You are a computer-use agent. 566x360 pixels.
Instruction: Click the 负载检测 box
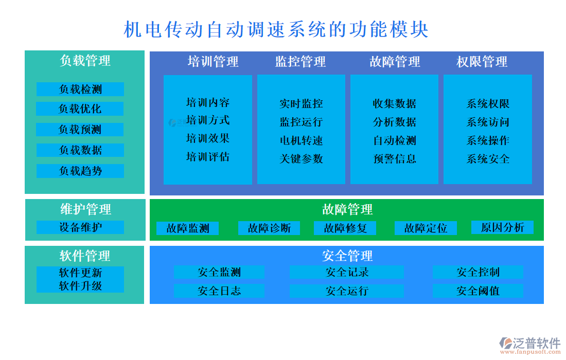pyautogui.click(x=80, y=89)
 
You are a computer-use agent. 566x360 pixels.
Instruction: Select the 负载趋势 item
pyautogui.click(x=80, y=171)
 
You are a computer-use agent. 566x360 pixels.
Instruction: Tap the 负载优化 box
pyautogui.click(x=80, y=109)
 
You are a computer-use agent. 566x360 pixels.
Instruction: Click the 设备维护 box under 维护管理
pyautogui.click(x=80, y=227)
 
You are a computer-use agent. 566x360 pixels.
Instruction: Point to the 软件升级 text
pyautogui.click(x=80, y=286)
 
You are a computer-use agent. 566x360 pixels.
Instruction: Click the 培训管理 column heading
pyautogui.click(x=213, y=62)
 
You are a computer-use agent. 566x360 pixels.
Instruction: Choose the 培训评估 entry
pyautogui.click(x=208, y=156)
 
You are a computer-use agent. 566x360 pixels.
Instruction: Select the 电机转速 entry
pyautogui.click(x=301, y=140)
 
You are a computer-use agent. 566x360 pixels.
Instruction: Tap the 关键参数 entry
pyautogui.click(x=301, y=158)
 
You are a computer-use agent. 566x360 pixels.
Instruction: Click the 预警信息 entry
pyautogui.click(x=395, y=158)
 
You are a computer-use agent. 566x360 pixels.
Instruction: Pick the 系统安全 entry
pyautogui.click(x=488, y=158)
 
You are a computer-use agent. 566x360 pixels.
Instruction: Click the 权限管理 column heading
pyautogui.click(x=482, y=62)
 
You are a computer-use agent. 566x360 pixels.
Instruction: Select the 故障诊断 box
pyautogui.click(x=269, y=228)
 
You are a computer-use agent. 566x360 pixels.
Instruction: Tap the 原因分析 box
pyautogui.click(x=502, y=227)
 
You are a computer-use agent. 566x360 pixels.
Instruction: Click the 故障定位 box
pyautogui.click(x=426, y=228)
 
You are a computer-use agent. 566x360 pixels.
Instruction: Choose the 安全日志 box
pyautogui.click(x=219, y=291)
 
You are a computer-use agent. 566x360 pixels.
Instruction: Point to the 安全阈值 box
pyautogui.click(x=477, y=291)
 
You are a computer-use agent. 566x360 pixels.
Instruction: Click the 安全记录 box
pyautogui.click(x=347, y=272)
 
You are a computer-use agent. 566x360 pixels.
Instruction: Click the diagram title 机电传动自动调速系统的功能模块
pyautogui.click(x=276, y=29)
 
